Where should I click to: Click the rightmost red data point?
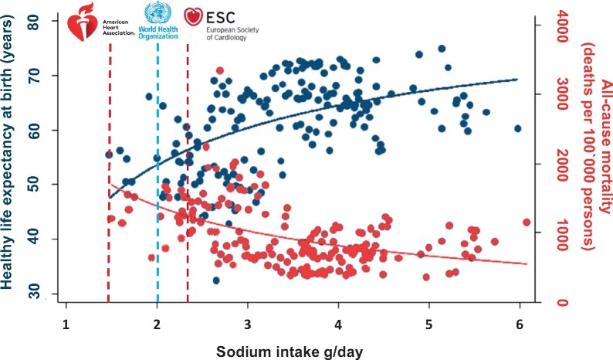[527, 222]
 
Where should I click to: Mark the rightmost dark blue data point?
[517, 128]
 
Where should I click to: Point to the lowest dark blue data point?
[217, 280]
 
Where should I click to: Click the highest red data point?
[220, 71]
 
